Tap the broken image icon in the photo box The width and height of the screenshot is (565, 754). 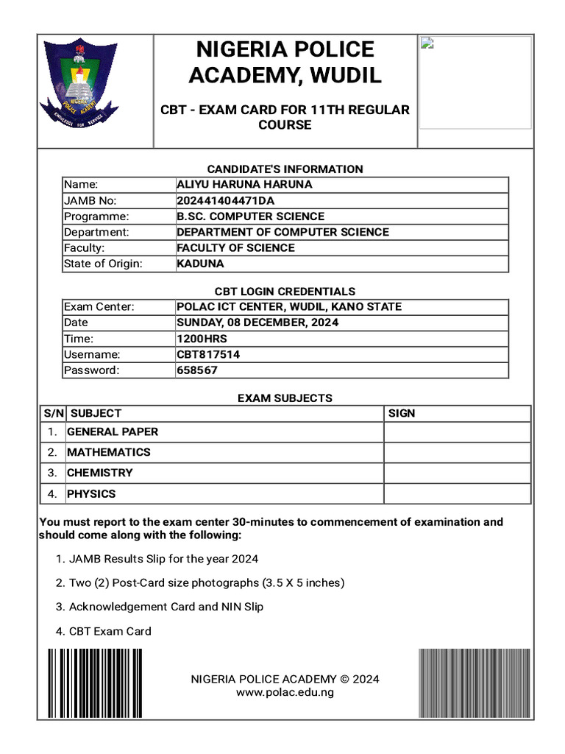tap(427, 43)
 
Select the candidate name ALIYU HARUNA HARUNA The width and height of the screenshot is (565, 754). tap(244, 185)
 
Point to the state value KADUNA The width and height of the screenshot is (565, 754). tap(201, 264)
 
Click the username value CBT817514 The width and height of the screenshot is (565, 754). tap(208, 354)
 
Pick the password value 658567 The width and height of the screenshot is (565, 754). tap(197, 370)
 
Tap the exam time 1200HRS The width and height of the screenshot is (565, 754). tap(202, 339)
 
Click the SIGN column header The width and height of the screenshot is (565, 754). tap(402, 413)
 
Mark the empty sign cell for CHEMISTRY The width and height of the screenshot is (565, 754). tap(457, 473)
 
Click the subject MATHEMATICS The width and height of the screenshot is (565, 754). tap(109, 452)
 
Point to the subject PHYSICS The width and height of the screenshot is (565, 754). tap(91, 493)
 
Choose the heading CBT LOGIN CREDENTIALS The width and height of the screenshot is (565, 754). tap(285, 292)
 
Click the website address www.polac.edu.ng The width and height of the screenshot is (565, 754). tap(285, 692)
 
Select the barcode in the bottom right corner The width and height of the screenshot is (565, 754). tap(475, 683)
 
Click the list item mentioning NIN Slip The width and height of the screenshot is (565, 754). tap(166, 607)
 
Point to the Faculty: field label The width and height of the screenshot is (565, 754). tap(84, 248)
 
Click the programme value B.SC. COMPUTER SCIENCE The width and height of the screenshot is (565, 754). tap(250, 216)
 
